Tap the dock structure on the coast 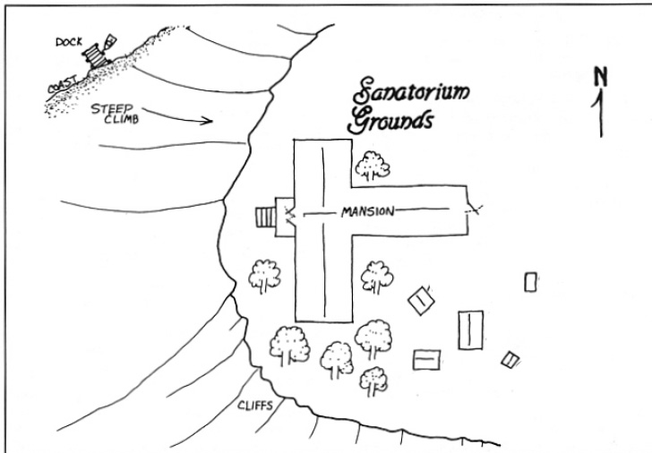(94, 55)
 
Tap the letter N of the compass (602, 77)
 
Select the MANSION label (363, 212)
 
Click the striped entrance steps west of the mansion (266, 218)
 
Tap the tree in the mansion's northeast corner (368, 165)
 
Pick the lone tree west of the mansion (264, 276)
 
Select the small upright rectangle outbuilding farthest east (530, 282)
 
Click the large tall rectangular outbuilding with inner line (470, 329)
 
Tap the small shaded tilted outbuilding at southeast (510, 359)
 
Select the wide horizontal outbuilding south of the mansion (426, 359)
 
